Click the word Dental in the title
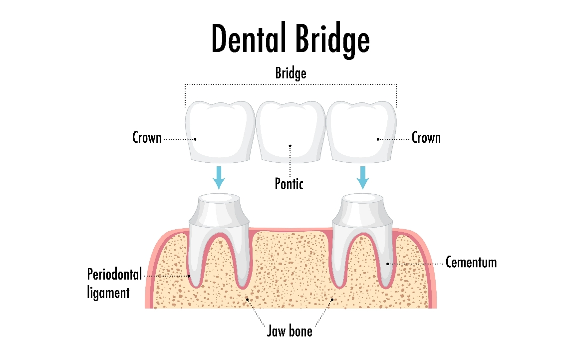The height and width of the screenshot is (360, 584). pos(249,38)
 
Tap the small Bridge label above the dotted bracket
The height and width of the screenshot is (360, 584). pos(291,73)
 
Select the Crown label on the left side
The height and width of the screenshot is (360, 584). pos(147,137)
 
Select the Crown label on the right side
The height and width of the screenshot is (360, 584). pos(426,137)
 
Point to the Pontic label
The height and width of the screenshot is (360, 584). pos(289,184)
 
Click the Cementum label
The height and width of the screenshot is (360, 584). pos(471,262)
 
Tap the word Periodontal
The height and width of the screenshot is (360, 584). pos(115,274)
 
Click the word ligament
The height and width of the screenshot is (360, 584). pos(108,293)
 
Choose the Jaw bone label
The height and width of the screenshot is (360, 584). pos(290,331)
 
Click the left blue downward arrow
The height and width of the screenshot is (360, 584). pos(219,177)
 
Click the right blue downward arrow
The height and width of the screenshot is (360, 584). pos(363,177)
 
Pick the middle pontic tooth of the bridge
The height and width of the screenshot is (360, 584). pos(291,132)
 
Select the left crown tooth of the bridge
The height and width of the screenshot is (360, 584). pos(220,132)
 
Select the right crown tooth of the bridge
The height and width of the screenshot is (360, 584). pos(361,132)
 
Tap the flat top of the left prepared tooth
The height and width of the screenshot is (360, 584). pos(219,198)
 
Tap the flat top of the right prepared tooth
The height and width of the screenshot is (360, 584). pos(362,198)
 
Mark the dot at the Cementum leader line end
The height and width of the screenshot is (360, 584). pos(388,264)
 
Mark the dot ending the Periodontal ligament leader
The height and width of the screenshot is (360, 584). pos(189,276)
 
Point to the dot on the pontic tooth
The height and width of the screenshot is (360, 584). pos(290,146)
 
